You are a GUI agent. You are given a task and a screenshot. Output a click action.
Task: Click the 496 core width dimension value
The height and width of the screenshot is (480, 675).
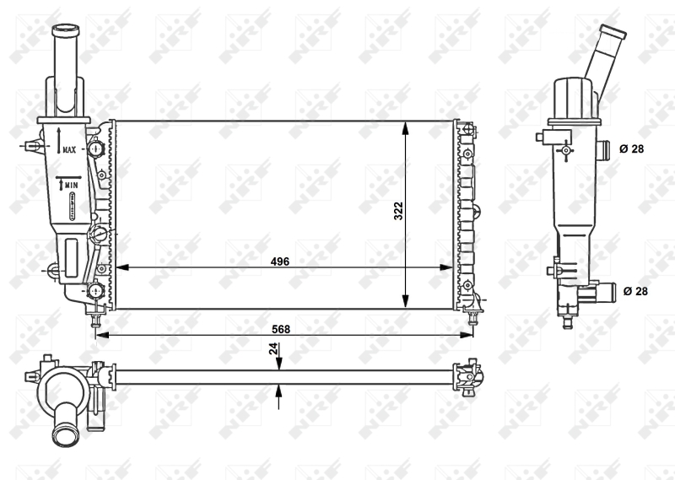tap(280, 262)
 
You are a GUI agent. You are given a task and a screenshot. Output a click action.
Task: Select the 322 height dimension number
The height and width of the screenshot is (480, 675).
tap(397, 212)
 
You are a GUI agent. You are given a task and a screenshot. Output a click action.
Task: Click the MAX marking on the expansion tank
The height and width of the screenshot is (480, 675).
tap(68, 149)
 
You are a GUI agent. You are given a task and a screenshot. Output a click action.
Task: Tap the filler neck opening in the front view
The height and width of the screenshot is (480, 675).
tap(64, 32)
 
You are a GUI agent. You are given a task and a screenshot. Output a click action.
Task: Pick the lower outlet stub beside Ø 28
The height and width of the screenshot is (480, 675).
tap(605, 292)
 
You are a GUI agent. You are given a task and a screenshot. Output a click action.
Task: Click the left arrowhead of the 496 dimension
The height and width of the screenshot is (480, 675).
tap(120, 267)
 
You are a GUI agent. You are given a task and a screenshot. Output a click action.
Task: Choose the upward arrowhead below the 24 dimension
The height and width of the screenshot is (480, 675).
tap(279, 390)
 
